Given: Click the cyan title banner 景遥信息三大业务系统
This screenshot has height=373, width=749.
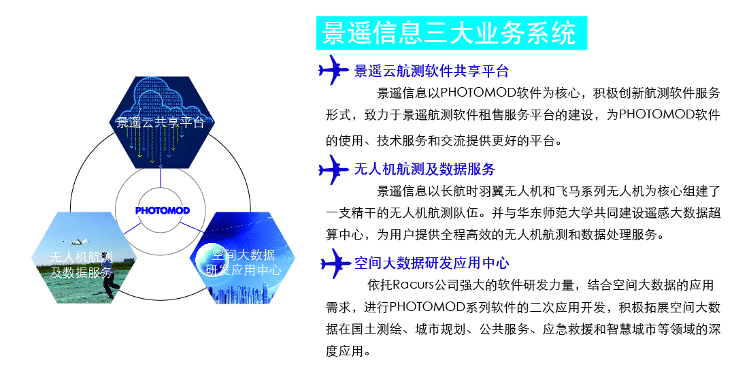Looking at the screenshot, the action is click(452, 33).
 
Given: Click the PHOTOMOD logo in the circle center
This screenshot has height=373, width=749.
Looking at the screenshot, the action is click(163, 210).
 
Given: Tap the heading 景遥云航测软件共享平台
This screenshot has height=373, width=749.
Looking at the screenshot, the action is click(431, 71).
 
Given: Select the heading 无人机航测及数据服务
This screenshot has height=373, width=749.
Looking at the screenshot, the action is click(425, 169).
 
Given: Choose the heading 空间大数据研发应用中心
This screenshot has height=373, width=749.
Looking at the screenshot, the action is click(432, 263).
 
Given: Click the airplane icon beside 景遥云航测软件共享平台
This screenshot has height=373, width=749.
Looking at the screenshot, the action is click(333, 70).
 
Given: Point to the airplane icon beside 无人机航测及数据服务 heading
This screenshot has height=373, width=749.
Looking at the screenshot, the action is click(333, 169).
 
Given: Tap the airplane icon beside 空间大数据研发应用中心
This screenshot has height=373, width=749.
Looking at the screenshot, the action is click(336, 263).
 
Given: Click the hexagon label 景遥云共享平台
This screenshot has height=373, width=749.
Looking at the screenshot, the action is click(161, 123).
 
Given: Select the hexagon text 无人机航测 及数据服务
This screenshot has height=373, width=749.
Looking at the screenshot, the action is click(82, 265).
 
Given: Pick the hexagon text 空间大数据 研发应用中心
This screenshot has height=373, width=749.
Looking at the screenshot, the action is click(243, 262).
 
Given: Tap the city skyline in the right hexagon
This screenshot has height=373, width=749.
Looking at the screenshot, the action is click(243, 293).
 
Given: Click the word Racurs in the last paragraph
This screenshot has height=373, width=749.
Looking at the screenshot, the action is click(413, 285).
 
